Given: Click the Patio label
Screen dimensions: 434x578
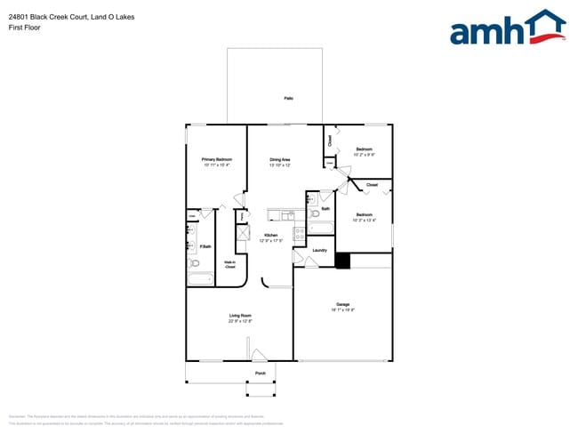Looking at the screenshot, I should tap(289, 98).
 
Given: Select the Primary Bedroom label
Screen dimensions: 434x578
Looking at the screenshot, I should tap(216, 160).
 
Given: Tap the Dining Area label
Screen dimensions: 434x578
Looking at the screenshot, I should tap(280, 160).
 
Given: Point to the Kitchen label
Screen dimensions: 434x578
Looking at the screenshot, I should tap(270, 235).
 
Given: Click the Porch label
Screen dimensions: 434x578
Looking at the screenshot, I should tap(261, 374).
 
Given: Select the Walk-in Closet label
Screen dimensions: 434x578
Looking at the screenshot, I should tap(229, 263).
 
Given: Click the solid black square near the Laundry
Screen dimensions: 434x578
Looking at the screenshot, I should tap(342, 261).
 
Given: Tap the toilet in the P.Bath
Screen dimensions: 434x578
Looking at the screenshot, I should tap(195, 263).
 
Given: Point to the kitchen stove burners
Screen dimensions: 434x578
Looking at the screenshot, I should tap(300, 232).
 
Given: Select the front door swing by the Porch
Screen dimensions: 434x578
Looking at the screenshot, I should tap(259, 356).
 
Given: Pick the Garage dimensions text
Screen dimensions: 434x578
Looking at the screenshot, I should tap(343, 310).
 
